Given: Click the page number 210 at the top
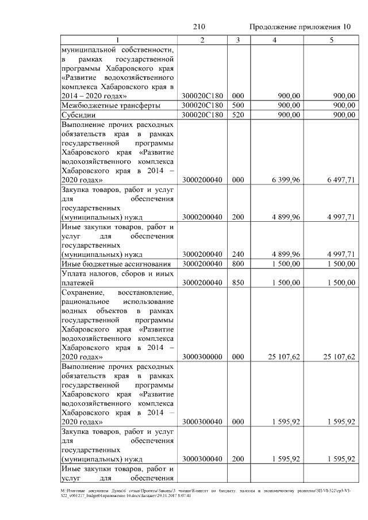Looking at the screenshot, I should [199, 27].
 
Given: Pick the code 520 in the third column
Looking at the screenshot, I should [237, 115].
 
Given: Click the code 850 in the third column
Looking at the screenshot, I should [237, 283].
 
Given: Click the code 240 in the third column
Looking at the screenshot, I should [237, 254].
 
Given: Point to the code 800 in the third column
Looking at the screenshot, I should [237, 263].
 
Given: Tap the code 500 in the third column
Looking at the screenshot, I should [237, 105].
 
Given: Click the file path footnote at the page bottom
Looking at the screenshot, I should [184, 492].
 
